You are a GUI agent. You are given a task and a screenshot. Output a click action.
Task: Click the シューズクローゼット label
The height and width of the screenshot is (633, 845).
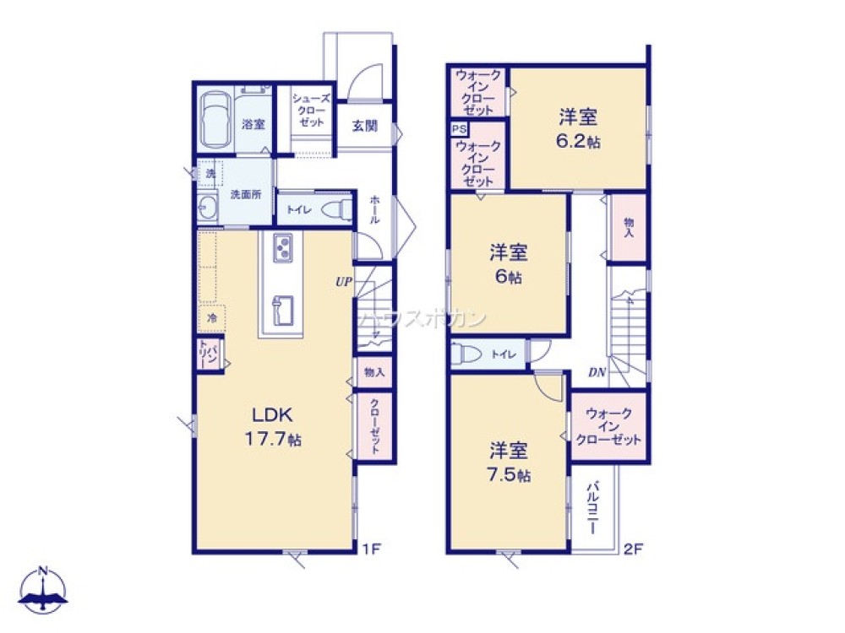click(309, 110)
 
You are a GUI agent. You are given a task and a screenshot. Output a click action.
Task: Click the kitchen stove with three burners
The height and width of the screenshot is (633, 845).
click(283, 248)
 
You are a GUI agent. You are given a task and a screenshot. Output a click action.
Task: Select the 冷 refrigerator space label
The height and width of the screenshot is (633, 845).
click(211, 318)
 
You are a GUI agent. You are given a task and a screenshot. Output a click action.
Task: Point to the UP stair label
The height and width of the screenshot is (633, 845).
click(342, 282)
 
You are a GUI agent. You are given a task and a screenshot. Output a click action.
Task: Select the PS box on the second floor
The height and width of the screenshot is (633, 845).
click(458, 129)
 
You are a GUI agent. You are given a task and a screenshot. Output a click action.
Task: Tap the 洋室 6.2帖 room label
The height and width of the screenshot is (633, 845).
click(579, 128)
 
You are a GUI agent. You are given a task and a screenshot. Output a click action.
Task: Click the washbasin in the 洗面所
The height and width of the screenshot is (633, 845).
click(208, 206)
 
